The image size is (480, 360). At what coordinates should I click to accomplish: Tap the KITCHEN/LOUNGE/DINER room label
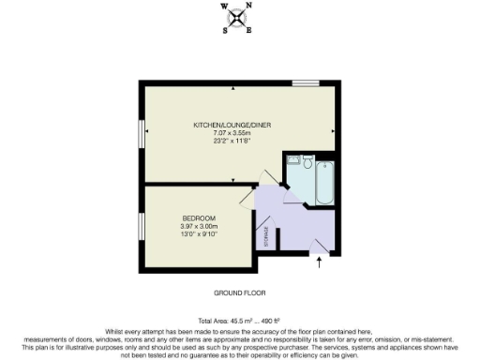(x=227, y=125)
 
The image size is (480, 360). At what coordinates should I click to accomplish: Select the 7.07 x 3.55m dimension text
(x=227, y=134)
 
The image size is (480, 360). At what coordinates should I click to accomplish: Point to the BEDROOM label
(x=199, y=218)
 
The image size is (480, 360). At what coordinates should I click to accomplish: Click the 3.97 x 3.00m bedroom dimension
(x=199, y=226)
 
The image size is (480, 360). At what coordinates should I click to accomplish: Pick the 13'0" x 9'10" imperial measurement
(x=199, y=234)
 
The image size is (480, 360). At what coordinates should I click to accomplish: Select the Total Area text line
(x=239, y=322)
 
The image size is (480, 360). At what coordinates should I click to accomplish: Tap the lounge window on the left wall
(x=141, y=132)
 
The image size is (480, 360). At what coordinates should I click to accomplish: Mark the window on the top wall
(x=305, y=83)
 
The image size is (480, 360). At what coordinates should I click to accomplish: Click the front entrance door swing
(x=320, y=246)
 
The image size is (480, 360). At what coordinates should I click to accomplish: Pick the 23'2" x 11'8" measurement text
(x=227, y=142)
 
